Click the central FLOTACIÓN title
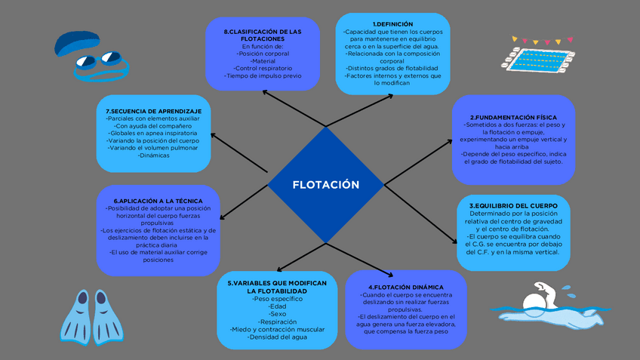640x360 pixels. click(x=325, y=184)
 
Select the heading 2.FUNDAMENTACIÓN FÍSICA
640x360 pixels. click(x=513, y=118)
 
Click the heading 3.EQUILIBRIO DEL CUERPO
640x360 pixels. click(x=513, y=205)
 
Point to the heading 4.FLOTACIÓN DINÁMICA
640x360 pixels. click(x=405, y=288)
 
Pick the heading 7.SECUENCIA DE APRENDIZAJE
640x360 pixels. click(x=154, y=112)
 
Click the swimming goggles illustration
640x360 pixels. click(x=98, y=65)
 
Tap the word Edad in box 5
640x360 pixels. click(x=276, y=306)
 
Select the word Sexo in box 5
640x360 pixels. click(x=276, y=314)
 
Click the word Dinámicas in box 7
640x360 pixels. click(x=154, y=156)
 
